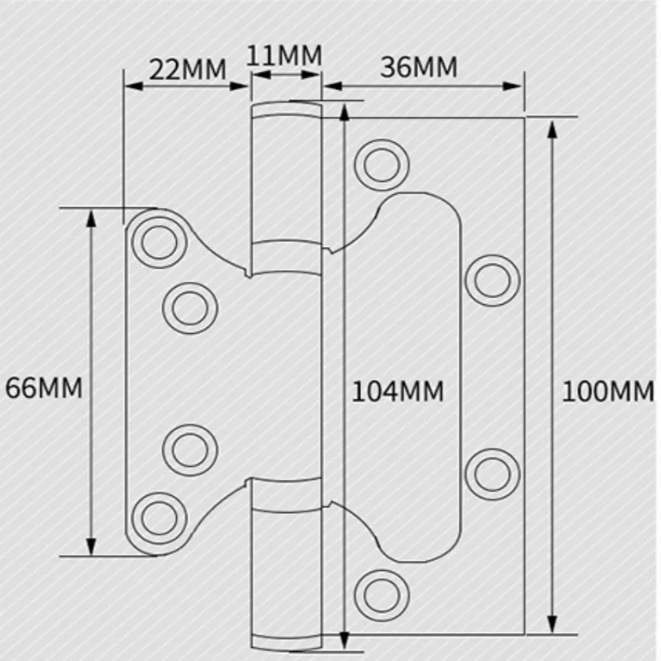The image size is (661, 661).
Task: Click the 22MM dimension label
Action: [188, 69]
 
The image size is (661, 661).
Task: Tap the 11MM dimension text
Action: [284, 55]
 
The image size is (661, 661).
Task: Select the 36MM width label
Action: [419, 67]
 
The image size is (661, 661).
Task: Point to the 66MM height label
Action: [44, 388]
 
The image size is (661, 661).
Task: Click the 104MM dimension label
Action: [397, 392]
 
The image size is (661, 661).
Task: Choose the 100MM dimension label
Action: [607, 392]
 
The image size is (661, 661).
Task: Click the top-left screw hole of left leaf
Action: [159, 241]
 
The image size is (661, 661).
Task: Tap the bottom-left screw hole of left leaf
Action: [159, 518]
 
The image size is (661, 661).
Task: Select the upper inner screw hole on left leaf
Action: [190, 308]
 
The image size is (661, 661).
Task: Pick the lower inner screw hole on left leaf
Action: [190, 449]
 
